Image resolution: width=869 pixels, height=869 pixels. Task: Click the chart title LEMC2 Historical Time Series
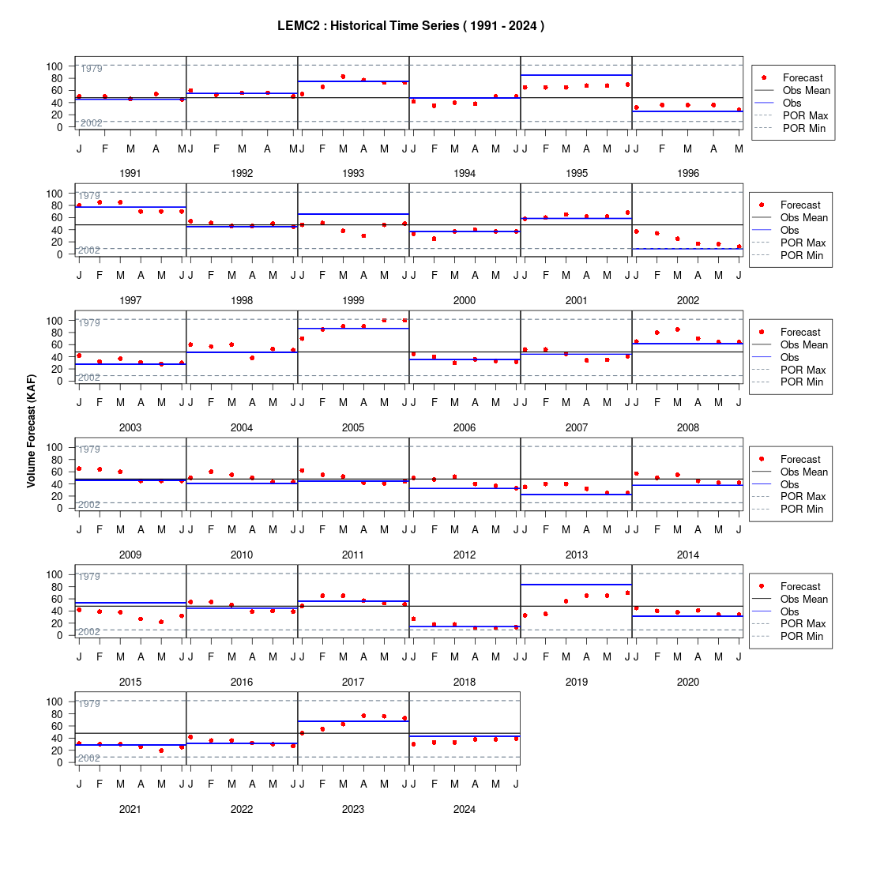point(411,26)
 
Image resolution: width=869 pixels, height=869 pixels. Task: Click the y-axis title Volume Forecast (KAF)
point(31,431)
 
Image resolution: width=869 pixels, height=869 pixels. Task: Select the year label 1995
point(577,174)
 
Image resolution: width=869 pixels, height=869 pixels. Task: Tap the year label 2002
point(688,300)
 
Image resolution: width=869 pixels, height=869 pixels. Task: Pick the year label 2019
point(577,683)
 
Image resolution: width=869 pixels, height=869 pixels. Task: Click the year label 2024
point(465,809)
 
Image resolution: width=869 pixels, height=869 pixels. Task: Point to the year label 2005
point(353,428)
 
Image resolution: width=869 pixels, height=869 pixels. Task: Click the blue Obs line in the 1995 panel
point(577,75)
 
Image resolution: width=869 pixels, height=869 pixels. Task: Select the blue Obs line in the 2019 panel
point(577,585)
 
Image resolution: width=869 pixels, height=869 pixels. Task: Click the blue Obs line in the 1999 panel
point(353,214)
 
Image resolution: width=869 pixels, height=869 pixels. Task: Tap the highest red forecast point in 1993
point(343,77)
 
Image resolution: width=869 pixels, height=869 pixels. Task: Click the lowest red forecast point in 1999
point(363,236)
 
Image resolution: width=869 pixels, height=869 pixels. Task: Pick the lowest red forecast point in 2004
point(252,358)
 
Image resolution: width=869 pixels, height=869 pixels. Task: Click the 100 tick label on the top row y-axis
point(55,66)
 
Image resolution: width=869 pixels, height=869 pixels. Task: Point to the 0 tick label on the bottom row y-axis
point(60,762)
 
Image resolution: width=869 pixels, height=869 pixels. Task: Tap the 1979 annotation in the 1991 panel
point(92,69)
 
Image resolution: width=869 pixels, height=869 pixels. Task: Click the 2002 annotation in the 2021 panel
point(88,758)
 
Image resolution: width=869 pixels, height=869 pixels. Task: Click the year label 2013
point(577,555)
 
